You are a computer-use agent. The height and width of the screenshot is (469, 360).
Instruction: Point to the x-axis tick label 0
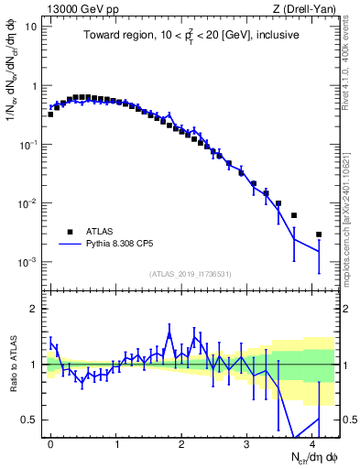51,443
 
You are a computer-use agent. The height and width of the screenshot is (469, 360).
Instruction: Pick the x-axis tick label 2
181,443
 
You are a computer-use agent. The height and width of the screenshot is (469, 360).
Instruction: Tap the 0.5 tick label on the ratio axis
29,420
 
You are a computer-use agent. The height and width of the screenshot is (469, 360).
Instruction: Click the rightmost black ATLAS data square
319,234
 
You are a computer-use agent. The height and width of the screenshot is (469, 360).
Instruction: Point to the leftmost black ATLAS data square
50,115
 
